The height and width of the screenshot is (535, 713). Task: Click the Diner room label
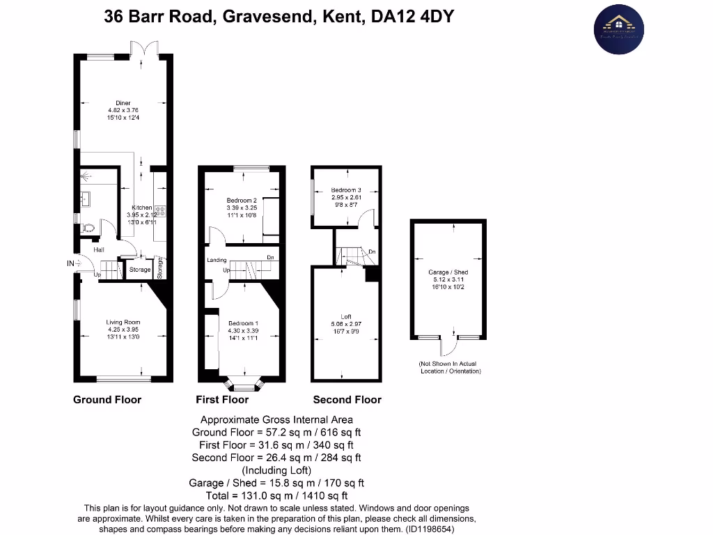[x=123, y=103]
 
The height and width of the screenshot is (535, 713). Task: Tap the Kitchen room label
[x=142, y=208]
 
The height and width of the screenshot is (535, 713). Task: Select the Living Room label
[x=123, y=323]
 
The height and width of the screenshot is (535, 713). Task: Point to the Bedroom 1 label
[x=243, y=323]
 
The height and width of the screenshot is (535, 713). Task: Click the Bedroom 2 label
[x=242, y=200]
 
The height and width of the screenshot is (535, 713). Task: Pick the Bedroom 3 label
[x=345, y=190]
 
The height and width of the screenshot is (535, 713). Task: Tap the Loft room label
[x=345, y=318]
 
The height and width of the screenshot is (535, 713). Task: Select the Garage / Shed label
[x=448, y=272]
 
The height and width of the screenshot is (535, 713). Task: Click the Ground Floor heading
[x=107, y=400]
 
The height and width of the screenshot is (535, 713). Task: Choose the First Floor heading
[x=222, y=400]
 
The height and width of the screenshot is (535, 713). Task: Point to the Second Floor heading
[x=347, y=400]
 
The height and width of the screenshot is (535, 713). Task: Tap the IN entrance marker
[x=70, y=263]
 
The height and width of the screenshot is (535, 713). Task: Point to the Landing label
[x=217, y=261]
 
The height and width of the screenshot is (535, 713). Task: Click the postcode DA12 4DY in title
[x=413, y=17]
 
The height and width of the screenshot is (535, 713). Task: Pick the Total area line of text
[x=276, y=495]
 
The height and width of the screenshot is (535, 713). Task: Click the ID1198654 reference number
[x=430, y=529]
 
